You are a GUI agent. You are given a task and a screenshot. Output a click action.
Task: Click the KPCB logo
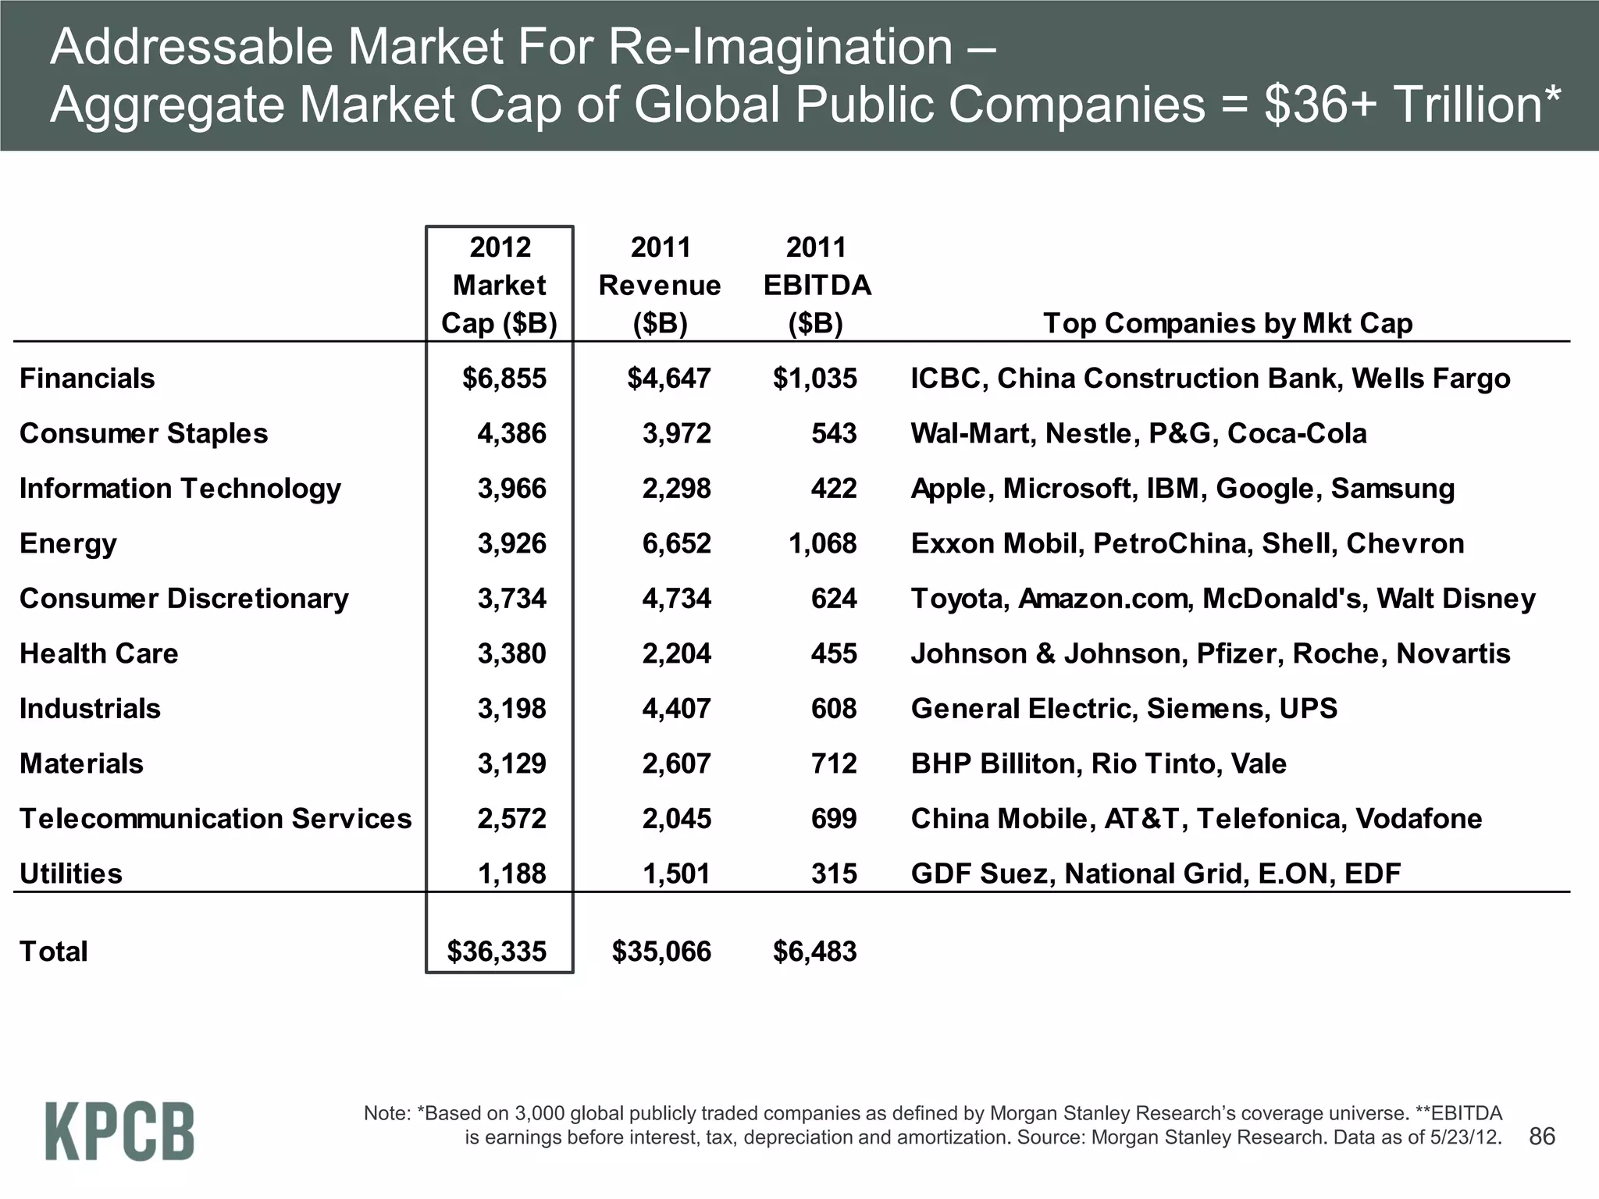119,1130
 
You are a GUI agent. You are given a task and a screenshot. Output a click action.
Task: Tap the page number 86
1542,1136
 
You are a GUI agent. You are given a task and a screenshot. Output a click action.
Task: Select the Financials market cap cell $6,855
504,379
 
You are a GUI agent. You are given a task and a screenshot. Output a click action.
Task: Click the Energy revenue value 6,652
676,543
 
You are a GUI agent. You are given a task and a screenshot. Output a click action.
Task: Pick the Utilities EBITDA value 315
833,873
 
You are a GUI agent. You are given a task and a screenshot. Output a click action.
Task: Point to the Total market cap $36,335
497,952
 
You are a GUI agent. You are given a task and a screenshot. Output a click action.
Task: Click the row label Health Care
98,653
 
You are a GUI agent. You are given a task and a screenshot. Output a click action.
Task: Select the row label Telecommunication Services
215,819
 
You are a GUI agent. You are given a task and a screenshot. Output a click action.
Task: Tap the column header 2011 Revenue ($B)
660,286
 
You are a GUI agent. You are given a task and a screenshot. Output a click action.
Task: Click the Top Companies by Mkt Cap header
1227,323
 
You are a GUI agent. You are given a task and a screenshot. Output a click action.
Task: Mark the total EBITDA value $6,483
814,952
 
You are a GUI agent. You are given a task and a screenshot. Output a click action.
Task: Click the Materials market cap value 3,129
511,763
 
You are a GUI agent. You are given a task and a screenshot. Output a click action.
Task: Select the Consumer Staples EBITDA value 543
833,433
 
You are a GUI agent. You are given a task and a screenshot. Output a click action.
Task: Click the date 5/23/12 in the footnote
1465,1137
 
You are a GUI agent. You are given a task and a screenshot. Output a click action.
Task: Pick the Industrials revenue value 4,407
676,709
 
